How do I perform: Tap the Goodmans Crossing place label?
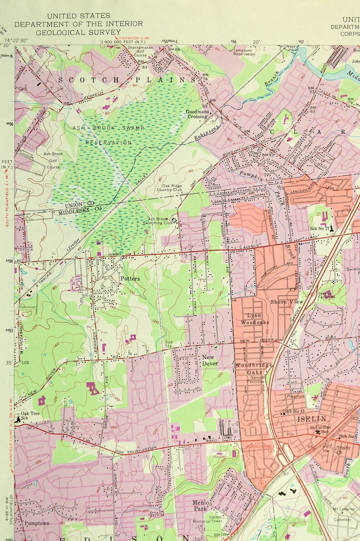pyautogui.click(x=197, y=114)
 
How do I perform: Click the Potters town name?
pyautogui.click(x=130, y=278)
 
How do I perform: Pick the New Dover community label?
pyautogui.click(x=210, y=360)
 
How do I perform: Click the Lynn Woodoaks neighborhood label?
pyautogui.click(x=258, y=319)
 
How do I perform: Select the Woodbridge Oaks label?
pyautogui.click(x=253, y=368)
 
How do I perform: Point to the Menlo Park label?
pyautogui.click(x=200, y=505)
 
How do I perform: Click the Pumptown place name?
pyautogui.click(x=37, y=523)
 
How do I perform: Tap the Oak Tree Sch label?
pyautogui.click(x=30, y=416)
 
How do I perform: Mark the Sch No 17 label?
pyautogui.click(x=320, y=228)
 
